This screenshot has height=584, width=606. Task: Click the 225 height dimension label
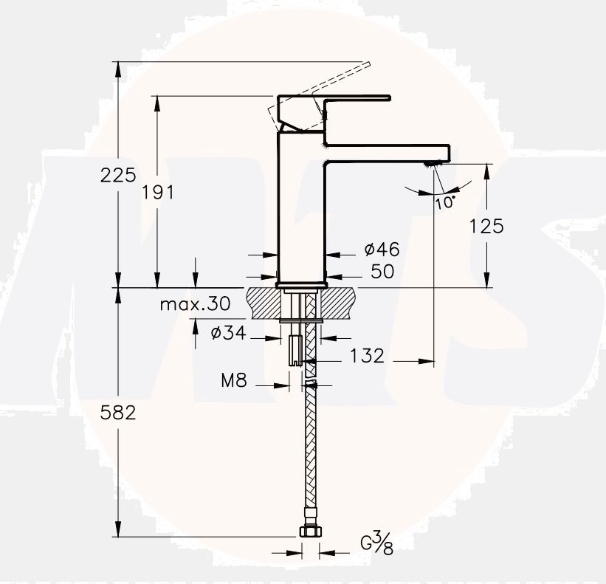point(119,175)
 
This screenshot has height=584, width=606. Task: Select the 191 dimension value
point(157,193)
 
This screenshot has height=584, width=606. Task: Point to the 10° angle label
point(445,202)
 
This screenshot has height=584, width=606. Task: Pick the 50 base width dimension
point(382,272)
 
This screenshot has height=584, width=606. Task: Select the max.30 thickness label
point(195,303)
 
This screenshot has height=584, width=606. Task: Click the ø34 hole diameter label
point(227,333)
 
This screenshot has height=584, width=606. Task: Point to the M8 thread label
point(234,381)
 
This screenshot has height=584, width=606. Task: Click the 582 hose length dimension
point(119,413)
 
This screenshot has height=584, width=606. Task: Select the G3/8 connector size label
point(376,544)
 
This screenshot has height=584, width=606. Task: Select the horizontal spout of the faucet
point(388,151)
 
